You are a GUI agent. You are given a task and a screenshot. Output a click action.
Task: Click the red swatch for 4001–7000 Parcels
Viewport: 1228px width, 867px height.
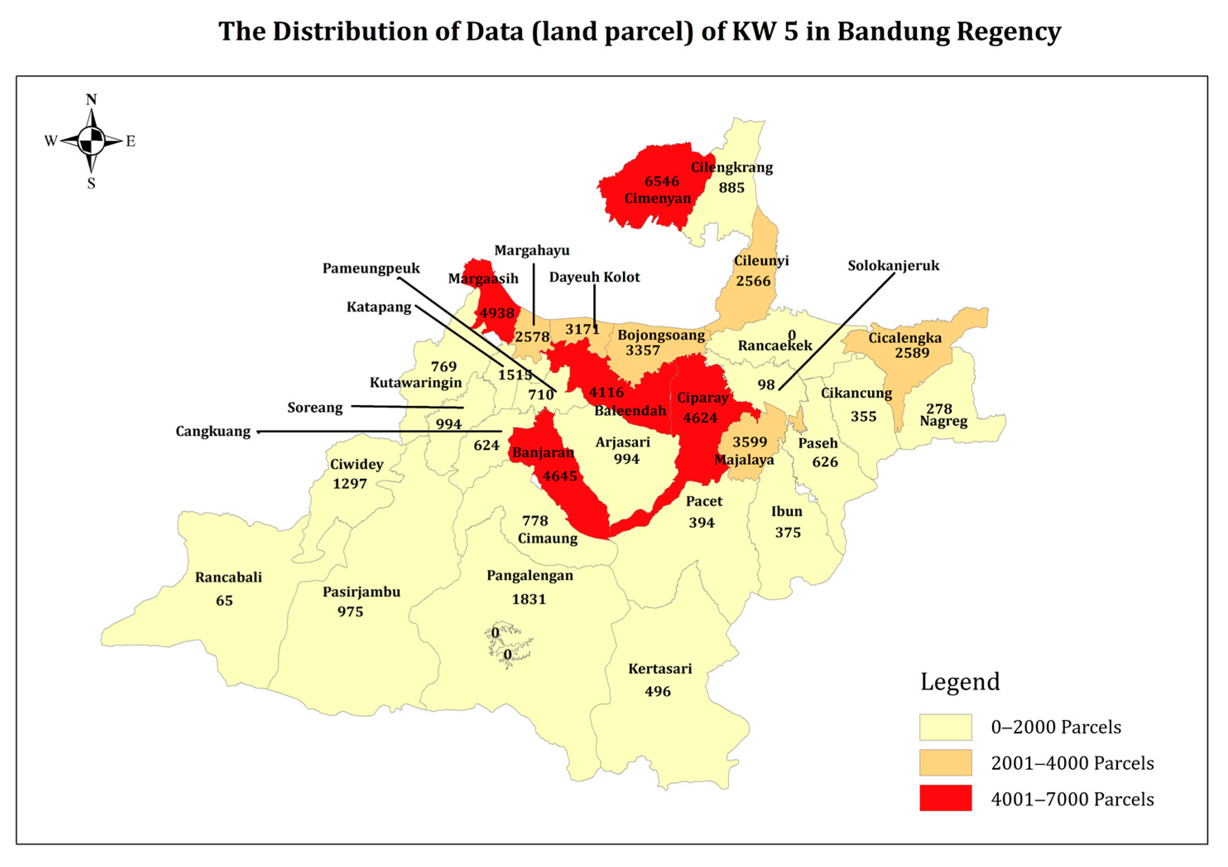click(945, 798)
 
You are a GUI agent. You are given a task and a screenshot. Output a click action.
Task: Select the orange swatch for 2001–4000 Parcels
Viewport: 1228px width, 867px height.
click(945, 762)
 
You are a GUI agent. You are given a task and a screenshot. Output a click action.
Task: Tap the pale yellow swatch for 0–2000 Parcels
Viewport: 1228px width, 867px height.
click(945, 727)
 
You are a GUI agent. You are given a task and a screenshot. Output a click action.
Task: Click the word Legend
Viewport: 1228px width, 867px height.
click(959, 682)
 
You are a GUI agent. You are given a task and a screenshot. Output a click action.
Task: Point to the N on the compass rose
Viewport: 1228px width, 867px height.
click(91, 99)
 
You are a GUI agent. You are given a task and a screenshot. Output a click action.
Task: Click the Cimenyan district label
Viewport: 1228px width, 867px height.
click(657, 198)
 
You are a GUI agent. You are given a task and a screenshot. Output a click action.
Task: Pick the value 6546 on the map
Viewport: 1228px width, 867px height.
click(662, 181)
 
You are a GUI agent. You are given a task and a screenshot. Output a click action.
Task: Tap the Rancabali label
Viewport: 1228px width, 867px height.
click(228, 578)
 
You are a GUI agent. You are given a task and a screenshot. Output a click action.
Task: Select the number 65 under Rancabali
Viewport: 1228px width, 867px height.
click(224, 600)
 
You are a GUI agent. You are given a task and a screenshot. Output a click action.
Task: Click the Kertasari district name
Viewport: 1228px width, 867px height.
click(660, 669)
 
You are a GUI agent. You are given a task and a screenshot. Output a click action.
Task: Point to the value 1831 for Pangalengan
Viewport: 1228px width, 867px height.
click(528, 599)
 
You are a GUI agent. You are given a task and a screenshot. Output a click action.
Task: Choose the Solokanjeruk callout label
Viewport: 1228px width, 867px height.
click(893, 266)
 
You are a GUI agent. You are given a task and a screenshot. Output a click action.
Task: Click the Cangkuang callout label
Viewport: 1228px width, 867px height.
click(213, 432)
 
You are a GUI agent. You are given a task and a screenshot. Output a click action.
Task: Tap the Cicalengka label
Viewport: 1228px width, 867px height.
click(904, 338)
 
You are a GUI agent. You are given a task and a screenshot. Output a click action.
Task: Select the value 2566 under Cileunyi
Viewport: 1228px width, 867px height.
click(753, 281)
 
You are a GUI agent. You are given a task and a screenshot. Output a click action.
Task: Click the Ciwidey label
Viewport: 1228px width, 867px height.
click(357, 464)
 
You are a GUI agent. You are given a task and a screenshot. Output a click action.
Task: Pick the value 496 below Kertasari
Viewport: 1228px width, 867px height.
click(657, 692)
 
